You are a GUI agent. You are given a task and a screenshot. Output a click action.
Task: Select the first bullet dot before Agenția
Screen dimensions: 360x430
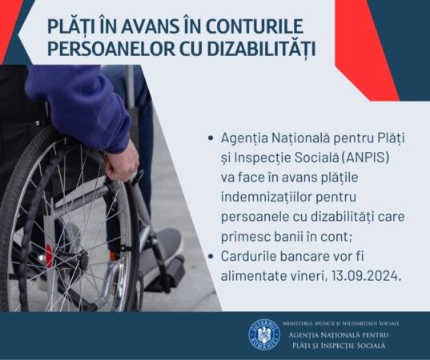click(x=210, y=138)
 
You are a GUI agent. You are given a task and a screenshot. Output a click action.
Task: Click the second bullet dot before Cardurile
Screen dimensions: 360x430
click(x=210, y=256)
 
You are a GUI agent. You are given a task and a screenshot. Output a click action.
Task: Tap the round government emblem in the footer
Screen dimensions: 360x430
click(x=263, y=334)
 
